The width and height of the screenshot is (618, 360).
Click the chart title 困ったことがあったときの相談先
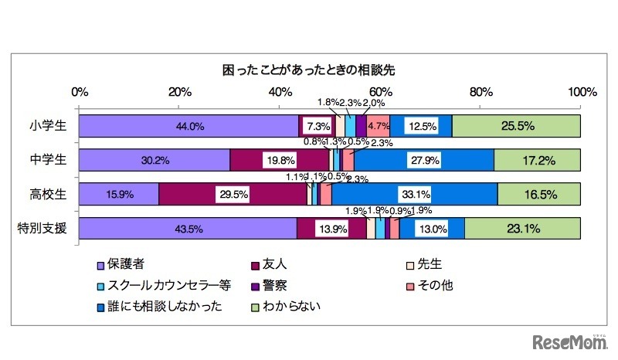coord(308,70)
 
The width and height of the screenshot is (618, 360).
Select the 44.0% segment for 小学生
coord(188,126)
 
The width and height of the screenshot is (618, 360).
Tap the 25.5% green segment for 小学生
coord(516,126)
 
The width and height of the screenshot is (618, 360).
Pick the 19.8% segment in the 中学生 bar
coord(280,160)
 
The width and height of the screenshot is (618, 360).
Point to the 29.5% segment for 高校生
coord(233,194)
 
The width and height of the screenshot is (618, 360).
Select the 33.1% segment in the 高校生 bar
coord(414,194)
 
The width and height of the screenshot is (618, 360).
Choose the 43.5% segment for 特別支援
coord(188,228)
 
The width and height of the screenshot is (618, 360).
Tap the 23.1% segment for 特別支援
coord(523,228)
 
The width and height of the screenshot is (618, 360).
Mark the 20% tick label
coord(179,92)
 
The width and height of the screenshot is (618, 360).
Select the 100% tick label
coord(581,92)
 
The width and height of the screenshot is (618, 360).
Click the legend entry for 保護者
coord(124,265)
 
